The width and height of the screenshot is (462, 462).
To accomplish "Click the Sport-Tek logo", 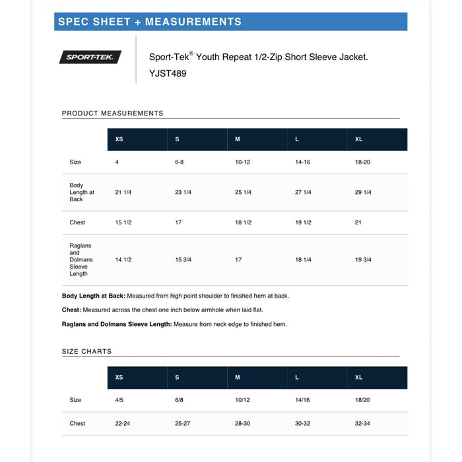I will (x=90, y=57).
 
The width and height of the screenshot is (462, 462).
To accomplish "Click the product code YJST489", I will (x=168, y=74).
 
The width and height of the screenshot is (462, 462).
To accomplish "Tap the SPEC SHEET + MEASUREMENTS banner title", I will (x=150, y=22).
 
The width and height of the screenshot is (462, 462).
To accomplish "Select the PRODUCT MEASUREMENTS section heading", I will (x=112, y=114).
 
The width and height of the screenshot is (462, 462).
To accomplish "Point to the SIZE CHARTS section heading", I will (x=86, y=352).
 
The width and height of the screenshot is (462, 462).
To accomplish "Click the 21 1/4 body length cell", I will (x=123, y=192).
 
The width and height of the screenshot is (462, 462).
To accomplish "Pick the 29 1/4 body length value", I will (x=363, y=192).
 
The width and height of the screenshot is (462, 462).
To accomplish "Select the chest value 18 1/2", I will (x=244, y=222).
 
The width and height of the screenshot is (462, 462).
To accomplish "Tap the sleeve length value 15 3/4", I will (x=183, y=260).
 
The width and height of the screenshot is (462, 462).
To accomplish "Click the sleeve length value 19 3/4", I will (x=363, y=260).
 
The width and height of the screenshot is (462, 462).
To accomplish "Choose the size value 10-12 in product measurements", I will (x=243, y=162).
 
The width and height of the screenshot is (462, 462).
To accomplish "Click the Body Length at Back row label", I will (x=81, y=192).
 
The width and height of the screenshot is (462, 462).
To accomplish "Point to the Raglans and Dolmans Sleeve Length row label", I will (x=79, y=260).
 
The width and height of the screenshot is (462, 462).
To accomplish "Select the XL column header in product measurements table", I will (x=359, y=139).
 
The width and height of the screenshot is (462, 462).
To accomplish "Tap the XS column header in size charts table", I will (x=119, y=378).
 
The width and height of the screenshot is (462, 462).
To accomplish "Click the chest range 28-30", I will (x=243, y=424).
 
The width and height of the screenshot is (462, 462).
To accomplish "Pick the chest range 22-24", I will (x=123, y=424).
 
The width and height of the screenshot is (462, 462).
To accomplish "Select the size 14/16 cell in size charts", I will (x=302, y=400).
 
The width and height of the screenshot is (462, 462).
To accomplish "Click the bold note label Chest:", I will (x=71, y=310).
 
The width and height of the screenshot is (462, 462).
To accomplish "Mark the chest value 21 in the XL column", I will (x=358, y=222).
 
